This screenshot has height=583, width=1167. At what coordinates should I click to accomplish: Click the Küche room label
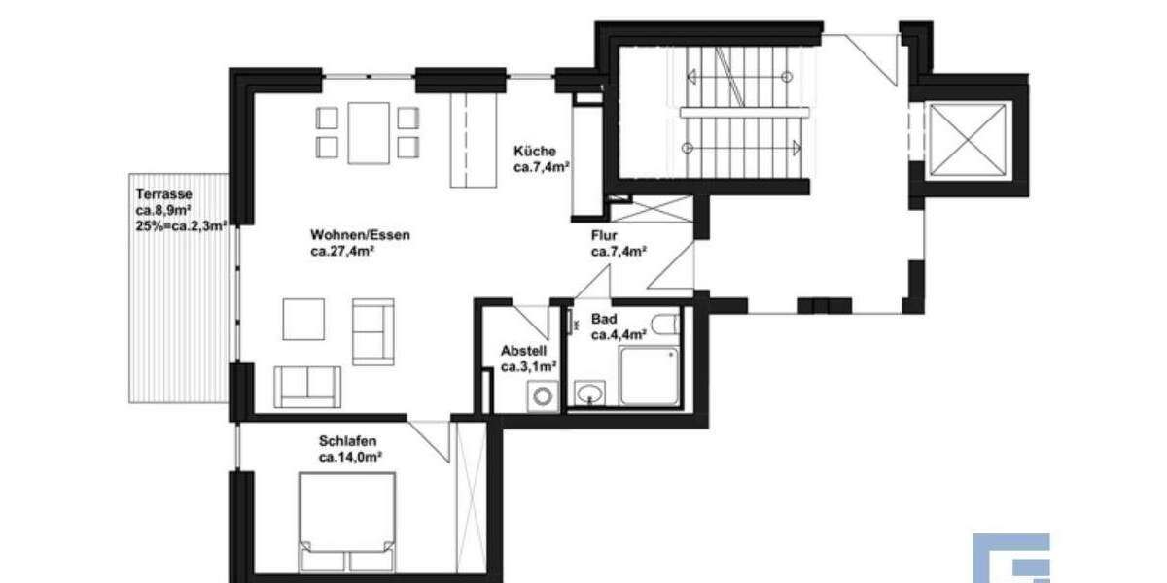tap(535, 151)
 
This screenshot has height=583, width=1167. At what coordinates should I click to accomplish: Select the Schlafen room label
tap(347, 441)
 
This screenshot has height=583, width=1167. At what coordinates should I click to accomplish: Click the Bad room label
tap(603, 319)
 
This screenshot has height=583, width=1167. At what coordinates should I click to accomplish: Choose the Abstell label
tap(524, 351)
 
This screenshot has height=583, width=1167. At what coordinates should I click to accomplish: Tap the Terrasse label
tap(158, 193)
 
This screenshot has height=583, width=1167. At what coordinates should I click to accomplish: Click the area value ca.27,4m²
tap(344, 252)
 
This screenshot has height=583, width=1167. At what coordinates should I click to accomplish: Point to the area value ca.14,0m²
tap(350, 457)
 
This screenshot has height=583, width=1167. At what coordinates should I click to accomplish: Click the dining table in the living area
tap(369, 133)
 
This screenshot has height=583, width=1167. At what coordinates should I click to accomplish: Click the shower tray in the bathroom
tap(652, 375)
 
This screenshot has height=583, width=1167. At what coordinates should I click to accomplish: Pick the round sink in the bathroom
tap(588, 394)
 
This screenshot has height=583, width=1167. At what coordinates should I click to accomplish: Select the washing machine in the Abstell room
tap(540, 396)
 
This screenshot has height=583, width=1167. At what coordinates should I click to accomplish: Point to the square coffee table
tap(303, 319)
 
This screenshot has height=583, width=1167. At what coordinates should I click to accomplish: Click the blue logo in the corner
tap(1011, 558)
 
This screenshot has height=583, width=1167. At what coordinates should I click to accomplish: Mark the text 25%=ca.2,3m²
tap(182, 225)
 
